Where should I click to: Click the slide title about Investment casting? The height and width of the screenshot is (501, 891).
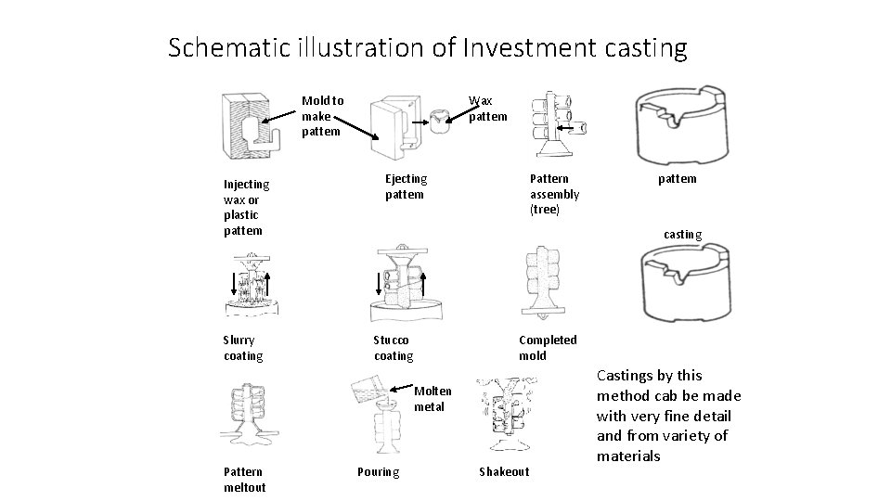click(428, 47)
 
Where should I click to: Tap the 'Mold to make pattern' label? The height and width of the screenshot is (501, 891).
click(322, 116)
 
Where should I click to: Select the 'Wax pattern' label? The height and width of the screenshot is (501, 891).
click(487, 109)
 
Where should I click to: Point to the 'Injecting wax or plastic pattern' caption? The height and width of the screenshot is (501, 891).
click(246, 207)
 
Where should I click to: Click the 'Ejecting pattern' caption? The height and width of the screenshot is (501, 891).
click(406, 186)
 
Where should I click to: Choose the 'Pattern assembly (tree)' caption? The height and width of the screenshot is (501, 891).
click(554, 193)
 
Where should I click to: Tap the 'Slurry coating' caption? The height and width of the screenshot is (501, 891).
click(243, 348)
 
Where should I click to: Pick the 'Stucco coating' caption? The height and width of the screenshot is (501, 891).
click(394, 348)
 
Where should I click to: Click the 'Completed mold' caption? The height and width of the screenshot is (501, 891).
click(547, 348)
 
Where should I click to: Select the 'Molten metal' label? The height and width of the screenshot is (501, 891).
click(433, 398)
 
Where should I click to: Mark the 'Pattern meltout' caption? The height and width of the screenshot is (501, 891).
click(244, 479)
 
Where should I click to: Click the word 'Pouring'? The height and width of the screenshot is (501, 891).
click(379, 471)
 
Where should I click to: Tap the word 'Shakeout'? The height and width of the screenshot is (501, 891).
click(503, 471)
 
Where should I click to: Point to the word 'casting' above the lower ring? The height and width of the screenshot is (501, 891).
click(682, 235)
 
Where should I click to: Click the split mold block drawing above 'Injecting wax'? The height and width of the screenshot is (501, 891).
click(243, 127)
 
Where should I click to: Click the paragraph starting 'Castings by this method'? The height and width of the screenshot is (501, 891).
click(663, 416)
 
